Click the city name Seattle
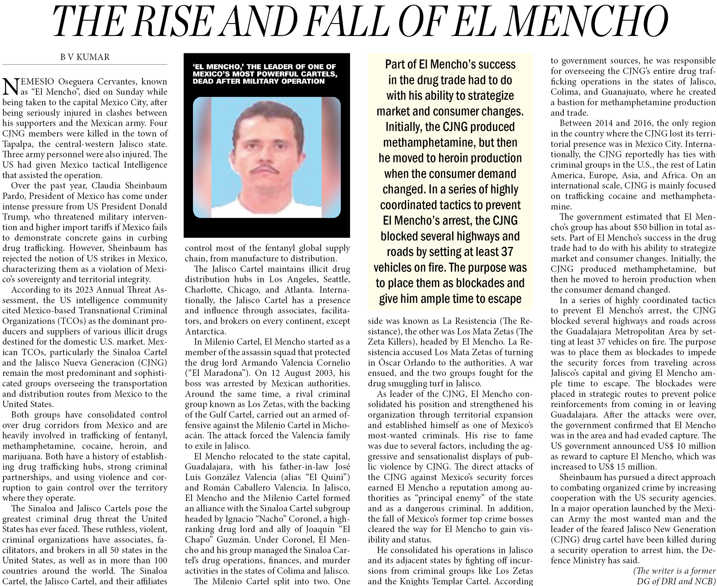click(x=336, y=279)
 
